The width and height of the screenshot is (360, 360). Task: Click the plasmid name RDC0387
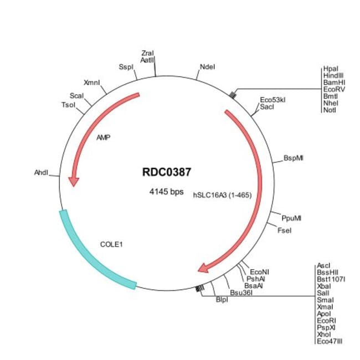coord(167,172)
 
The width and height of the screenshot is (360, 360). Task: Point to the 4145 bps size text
coord(167,192)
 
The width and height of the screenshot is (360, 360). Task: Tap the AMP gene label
coord(104,137)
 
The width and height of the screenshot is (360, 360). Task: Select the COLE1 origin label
coord(111,244)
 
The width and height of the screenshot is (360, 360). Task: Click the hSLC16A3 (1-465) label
coord(222,195)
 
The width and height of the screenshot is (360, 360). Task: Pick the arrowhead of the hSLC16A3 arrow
coord(203,268)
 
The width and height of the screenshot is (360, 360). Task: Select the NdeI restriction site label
coord(207,67)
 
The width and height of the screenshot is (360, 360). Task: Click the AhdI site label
coord(42,172)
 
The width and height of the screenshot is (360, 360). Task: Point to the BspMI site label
coord(294,158)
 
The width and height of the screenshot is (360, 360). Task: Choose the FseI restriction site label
coord(285,230)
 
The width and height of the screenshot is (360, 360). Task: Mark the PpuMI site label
coord(291,218)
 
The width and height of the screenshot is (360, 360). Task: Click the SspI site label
coord(126,67)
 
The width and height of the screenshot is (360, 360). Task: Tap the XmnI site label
coord(92,83)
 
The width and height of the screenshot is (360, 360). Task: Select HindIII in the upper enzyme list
coord(333,75)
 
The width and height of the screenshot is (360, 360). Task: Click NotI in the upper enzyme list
coord(330,110)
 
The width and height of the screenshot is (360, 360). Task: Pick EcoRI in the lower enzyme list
coord(326,321)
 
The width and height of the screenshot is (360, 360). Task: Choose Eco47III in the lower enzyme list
coord(330,341)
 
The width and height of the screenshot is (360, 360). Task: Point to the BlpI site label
coord(222,300)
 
